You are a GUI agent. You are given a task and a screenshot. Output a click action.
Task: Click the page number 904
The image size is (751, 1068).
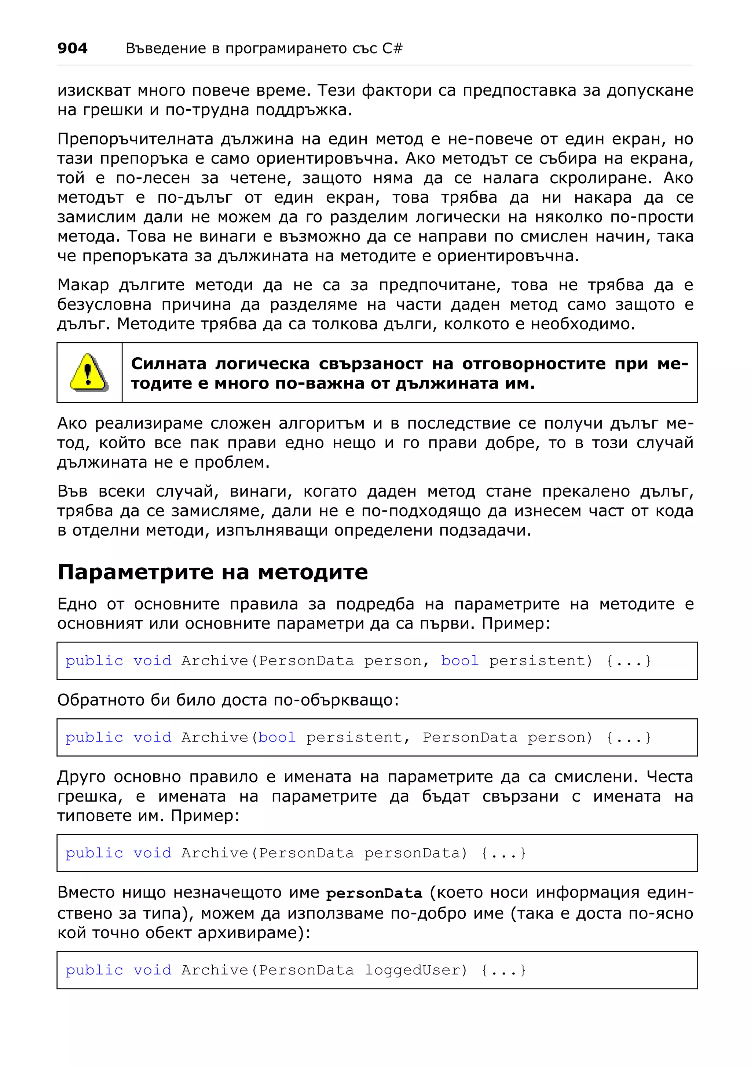point(72,48)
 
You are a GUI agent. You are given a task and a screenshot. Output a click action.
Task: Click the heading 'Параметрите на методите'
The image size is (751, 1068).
point(212,572)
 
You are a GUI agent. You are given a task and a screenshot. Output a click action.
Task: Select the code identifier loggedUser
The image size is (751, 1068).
point(415,970)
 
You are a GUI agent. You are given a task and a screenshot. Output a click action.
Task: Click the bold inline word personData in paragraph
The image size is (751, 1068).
point(374,894)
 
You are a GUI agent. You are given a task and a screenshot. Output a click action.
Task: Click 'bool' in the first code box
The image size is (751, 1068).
point(459,660)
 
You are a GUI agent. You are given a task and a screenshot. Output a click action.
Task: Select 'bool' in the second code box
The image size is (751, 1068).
point(277,737)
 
